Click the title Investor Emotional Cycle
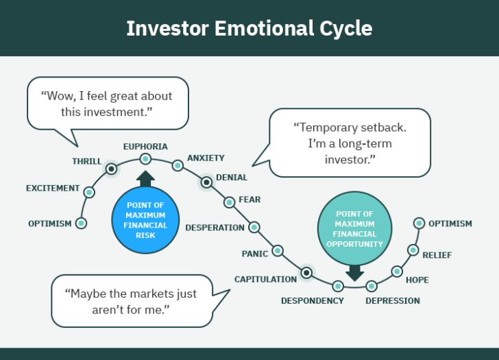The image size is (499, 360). tap(249, 29)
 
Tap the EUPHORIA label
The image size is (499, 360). tap(145, 146)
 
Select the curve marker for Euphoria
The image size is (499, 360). tap(145, 159)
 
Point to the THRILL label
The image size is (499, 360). tap(87, 161)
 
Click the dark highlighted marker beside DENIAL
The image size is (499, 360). tap(206, 182)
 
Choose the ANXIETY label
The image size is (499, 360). tap(206, 158)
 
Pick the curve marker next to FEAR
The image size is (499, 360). tap(230, 202)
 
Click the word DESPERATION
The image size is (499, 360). tap(215, 228)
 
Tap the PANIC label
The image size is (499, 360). tap(254, 254)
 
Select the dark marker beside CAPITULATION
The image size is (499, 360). tap(306, 274)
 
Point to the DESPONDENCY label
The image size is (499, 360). tap(313, 300)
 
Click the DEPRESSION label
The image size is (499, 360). tap(393, 300)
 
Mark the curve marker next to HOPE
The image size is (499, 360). tap(397, 272)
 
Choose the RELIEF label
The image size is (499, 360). tap(437, 255)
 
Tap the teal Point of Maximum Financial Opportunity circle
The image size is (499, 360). tap(354, 228)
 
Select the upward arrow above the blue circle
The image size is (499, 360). tap(145, 179)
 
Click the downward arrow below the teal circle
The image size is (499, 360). tap(354, 273)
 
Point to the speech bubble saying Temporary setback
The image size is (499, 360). tap(350, 143)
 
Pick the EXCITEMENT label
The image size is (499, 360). tap(53, 188)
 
